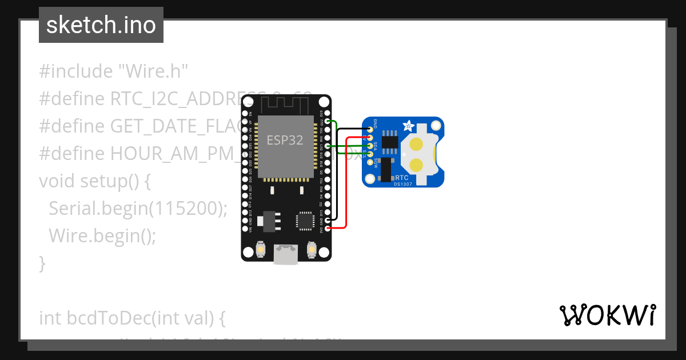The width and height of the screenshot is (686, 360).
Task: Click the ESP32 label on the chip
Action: click(285, 139)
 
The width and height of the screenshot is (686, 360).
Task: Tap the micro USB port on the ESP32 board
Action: click(285, 254)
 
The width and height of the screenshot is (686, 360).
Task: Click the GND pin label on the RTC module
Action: click(375, 123)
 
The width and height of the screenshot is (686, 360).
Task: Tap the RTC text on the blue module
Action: click(402, 178)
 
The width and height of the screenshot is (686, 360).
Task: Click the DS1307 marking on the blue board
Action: click(402, 184)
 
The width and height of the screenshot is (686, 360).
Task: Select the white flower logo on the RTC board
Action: click(409, 126)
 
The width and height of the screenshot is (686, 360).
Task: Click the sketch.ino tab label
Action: click(101, 25)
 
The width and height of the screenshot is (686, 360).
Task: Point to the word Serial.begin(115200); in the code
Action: click(138, 209)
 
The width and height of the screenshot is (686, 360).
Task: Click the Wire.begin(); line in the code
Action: click(102, 235)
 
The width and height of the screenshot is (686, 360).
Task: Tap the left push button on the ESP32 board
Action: click(261, 249)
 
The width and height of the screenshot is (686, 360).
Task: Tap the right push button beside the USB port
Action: click(312, 249)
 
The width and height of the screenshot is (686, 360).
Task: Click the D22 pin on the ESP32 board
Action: click(328, 122)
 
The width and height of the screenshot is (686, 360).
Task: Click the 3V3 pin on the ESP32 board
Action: click(328, 229)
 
